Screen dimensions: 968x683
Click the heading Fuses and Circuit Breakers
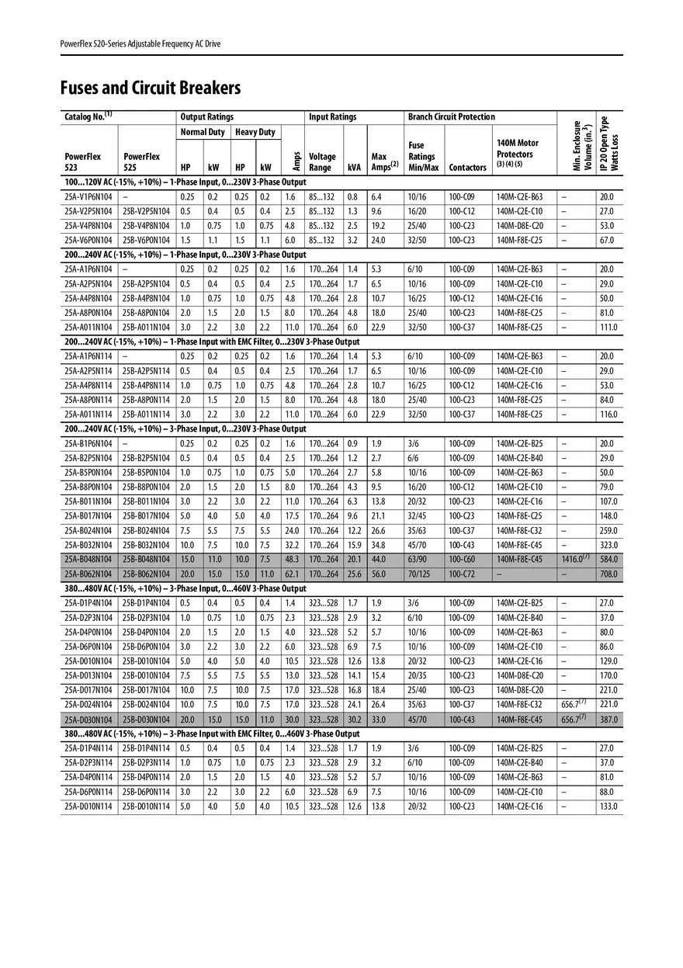[151, 88]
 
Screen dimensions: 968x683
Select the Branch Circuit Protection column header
[451, 117]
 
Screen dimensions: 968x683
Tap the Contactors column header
[467, 168]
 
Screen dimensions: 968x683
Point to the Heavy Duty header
[255, 132]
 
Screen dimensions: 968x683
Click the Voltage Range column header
[322, 162]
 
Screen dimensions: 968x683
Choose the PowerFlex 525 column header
[142, 162]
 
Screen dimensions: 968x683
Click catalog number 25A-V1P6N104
[88, 197]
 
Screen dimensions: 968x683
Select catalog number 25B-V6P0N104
[146, 241]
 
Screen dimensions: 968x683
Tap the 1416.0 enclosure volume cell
[576, 559]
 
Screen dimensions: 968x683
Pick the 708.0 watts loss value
[609, 574]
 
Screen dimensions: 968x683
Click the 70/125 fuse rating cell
[422, 574]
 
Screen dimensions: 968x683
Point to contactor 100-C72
[461, 574]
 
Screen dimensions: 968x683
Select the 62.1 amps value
[291, 574]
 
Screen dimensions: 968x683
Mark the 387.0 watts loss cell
[609, 720]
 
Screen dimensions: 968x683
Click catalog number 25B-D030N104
[146, 720]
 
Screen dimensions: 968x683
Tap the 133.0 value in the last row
[609, 807]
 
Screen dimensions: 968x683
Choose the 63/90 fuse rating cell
[418, 560]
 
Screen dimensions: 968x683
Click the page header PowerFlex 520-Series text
[140, 43]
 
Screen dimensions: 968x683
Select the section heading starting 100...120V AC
[185, 182]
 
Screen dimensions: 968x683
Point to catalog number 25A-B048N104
[88, 560]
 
